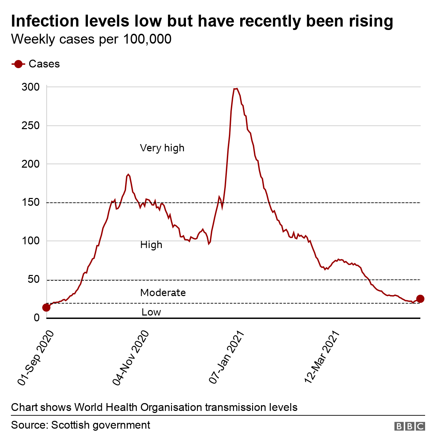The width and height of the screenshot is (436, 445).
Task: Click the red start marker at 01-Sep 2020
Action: pyautogui.click(x=46, y=307)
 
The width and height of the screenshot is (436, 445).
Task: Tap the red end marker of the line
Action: pyautogui.click(x=420, y=298)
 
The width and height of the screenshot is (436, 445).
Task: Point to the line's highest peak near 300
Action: pyautogui.click(x=236, y=89)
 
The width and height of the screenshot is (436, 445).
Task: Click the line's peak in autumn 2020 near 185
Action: pyautogui.click(x=128, y=174)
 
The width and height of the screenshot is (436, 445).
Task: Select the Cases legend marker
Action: pyautogui.click(x=18, y=64)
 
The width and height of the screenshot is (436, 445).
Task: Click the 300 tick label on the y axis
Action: pyautogui.click(x=31, y=87)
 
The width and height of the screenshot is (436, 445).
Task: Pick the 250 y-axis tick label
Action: pyautogui.click(x=31, y=126)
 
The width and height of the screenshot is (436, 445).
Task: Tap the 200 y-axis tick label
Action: pyautogui.click(x=31, y=164)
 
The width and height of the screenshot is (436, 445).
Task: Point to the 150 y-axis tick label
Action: pyautogui.click(x=31, y=202)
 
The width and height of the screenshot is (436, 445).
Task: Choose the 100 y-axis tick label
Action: pyautogui.click(x=31, y=241)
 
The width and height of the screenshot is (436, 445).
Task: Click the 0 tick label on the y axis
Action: pyautogui.click(x=37, y=318)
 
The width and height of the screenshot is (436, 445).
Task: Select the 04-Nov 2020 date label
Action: pyautogui.click(x=131, y=358)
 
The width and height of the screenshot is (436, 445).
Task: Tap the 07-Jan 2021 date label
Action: pyautogui.click(x=227, y=357)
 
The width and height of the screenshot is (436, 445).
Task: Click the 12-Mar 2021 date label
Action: pyautogui.click(x=322, y=357)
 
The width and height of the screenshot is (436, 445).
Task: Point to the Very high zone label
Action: pyautogui.click(x=162, y=148)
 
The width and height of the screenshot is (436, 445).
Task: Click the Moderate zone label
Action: pyautogui.click(x=163, y=293)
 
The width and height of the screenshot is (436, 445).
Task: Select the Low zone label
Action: pyautogui.click(x=151, y=312)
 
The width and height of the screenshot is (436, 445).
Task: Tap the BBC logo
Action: pyautogui.click(x=409, y=426)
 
